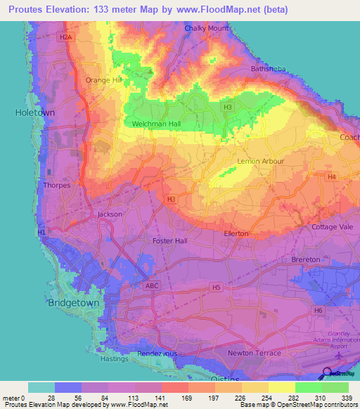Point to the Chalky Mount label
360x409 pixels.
tap(207, 29)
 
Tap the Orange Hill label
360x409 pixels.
tap(103, 80)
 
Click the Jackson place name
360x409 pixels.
tap(110, 214)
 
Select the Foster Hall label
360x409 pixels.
tap(170, 240)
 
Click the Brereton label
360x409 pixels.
tap(306, 259)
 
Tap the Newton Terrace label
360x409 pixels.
tap(255, 353)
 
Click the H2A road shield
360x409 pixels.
tap(66, 37)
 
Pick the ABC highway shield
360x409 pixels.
tap(153, 286)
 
